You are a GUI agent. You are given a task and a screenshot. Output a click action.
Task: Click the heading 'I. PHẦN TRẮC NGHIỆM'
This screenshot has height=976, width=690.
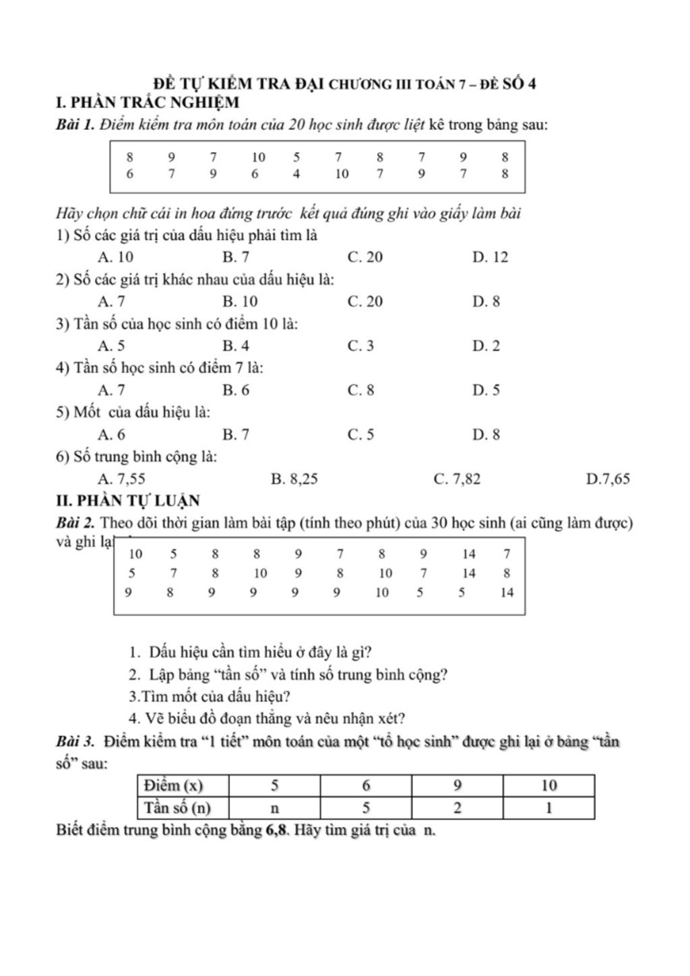148,103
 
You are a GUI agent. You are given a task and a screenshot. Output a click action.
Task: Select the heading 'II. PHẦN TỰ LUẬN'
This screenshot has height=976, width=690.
128,501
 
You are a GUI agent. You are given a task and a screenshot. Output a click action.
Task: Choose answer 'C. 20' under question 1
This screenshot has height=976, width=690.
365,257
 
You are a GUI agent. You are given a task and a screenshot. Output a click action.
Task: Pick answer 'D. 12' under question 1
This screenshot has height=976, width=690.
490,257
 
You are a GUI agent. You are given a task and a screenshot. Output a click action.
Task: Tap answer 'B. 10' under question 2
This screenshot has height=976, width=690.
240,301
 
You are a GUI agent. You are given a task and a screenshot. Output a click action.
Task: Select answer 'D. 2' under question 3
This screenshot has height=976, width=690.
486,346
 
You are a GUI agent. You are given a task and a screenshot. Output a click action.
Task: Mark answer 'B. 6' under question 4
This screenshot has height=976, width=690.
236,390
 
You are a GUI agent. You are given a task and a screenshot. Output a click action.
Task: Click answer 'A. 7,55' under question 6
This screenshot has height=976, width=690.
121,479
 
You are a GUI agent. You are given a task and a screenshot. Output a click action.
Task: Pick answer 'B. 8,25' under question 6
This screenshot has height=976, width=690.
294,479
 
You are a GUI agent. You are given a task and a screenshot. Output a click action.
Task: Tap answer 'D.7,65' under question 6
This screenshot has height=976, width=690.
608,479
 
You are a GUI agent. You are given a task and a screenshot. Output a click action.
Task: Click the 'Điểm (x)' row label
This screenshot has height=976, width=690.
173,785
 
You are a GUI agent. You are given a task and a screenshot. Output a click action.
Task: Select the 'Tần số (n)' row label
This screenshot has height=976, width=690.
178,807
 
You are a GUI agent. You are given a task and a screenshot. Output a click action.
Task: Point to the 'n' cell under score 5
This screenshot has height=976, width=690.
274,807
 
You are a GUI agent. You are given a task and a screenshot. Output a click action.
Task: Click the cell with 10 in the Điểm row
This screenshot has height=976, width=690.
548,785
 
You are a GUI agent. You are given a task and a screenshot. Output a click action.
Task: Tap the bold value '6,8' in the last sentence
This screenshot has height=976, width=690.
278,830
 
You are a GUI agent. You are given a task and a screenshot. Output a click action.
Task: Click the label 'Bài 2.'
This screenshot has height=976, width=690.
75,523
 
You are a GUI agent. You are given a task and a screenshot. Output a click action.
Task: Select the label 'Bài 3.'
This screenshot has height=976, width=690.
75,742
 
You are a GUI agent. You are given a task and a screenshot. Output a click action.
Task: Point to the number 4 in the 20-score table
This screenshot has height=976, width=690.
296,174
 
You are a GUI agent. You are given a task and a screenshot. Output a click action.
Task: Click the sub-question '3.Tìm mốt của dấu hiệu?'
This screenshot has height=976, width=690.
210,696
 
